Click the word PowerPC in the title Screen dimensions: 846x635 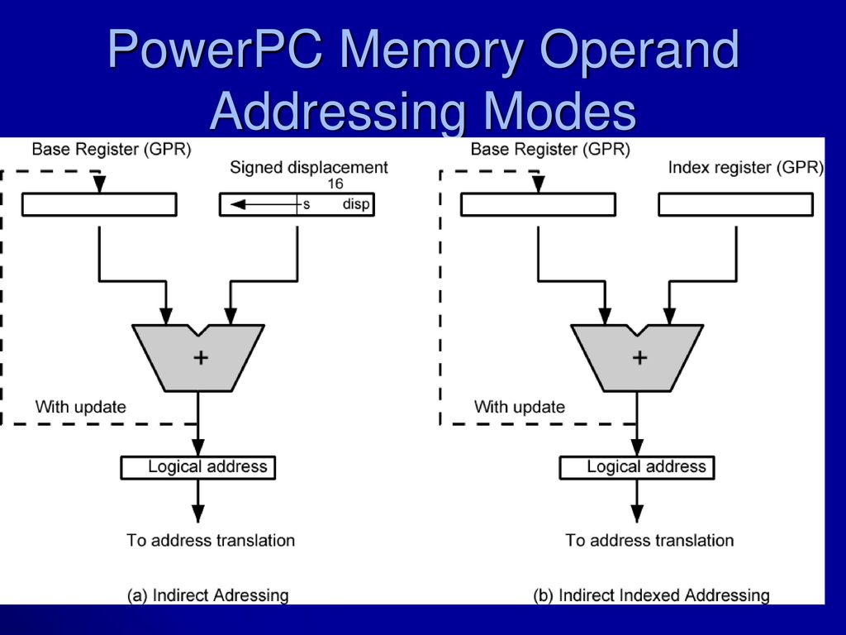click(x=215, y=49)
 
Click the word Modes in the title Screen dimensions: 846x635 click(x=559, y=112)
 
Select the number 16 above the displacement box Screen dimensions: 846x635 click(x=335, y=184)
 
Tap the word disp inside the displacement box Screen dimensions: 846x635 click(x=356, y=204)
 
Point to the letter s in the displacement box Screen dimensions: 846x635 click(x=307, y=205)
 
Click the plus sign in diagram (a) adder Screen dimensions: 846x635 click(x=201, y=357)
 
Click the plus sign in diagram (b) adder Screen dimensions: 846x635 click(x=639, y=357)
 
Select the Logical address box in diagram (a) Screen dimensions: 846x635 click(x=198, y=468)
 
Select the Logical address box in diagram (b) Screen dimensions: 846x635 click(x=637, y=468)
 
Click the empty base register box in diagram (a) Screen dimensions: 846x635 click(x=99, y=205)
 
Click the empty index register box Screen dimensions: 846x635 click(x=736, y=205)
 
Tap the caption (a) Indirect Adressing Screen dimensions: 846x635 click(x=207, y=595)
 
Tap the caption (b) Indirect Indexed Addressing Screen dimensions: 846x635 click(x=651, y=595)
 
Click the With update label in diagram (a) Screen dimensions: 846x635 click(x=81, y=407)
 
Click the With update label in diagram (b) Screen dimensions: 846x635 click(x=520, y=407)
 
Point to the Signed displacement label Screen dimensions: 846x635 click(x=309, y=167)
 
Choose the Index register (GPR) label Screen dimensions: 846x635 click(x=746, y=167)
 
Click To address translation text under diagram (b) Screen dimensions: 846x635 click(x=649, y=541)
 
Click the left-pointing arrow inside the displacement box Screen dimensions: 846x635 click(x=264, y=205)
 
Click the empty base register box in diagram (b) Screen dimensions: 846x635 click(x=538, y=205)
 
